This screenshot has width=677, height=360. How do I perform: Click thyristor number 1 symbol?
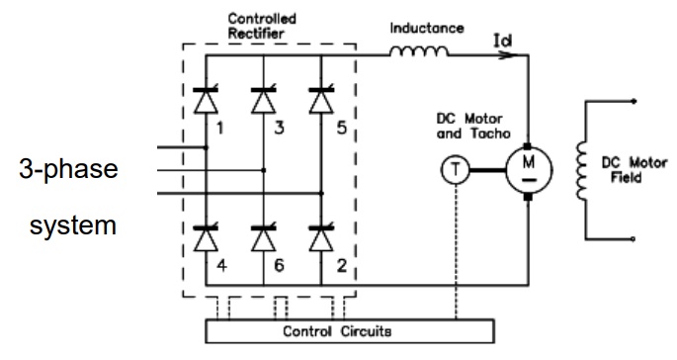click(x=206, y=100)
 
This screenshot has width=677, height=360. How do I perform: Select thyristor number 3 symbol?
click(x=263, y=100)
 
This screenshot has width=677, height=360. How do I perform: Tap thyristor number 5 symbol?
click(x=321, y=100)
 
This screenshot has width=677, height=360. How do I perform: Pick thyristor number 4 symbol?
click(x=206, y=237)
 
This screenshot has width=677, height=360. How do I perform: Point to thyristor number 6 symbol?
click(x=263, y=237)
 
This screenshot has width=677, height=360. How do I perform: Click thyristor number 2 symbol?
click(x=321, y=237)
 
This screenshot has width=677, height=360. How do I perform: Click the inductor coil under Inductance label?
click(x=419, y=51)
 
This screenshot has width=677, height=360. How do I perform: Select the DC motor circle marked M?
click(x=529, y=170)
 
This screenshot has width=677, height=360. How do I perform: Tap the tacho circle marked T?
click(x=455, y=170)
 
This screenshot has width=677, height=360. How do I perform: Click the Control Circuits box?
click(x=350, y=331)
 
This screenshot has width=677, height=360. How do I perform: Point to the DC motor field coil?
click(x=582, y=170)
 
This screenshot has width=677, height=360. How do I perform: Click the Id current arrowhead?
click(x=509, y=55)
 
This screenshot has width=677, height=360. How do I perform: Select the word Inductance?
click(x=427, y=28)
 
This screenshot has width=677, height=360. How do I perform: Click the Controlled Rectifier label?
click(x=262, y=26)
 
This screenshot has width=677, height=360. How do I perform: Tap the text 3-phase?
click(x=68, y=169)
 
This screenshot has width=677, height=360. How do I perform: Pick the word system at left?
click(x=73, y=226)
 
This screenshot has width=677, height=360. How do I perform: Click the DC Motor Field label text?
click(x=635, y=170)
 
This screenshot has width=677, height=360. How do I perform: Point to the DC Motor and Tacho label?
click(x=473, y=126)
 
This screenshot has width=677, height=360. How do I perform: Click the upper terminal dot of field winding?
click(x=634, y=101)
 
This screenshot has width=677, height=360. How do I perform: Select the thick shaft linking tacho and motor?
click(x=487, y=170)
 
